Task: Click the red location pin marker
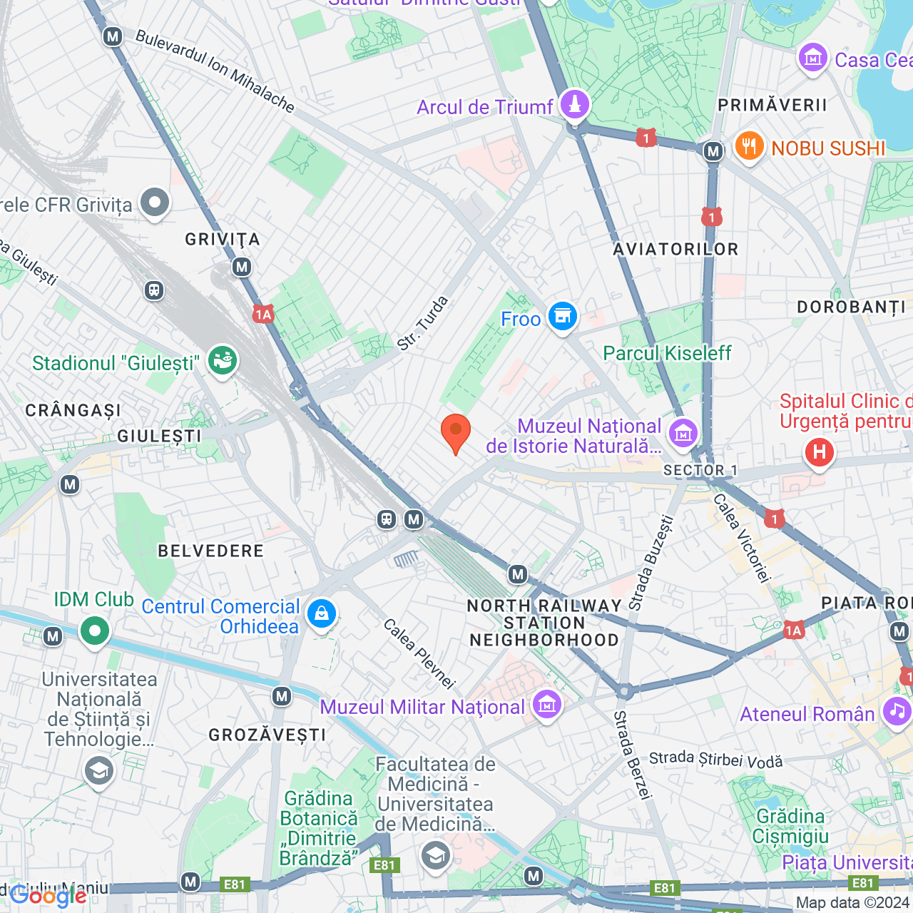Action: (x=455, y=432)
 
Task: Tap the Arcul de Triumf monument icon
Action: (x=574, y=104)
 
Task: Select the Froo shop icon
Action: (x=562, y=316)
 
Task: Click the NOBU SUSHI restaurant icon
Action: (x=748, y=146)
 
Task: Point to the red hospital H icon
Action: (x=819, y=452)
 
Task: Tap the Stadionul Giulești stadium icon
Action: (x=223, y=361)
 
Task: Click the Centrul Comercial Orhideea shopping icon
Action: (x=322, y=614)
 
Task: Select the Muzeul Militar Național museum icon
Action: (x=546, y=705)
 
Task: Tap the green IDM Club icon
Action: (x=94, y=631)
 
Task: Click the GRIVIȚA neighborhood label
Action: (x=223, y=240)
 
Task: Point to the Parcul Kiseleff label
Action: (x=667, y=353)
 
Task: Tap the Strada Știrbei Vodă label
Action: (x=715, y=760)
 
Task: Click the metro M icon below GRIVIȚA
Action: (x=242, y=267)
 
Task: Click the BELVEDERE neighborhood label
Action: (x=211, y=551)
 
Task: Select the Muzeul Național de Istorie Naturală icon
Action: (x=683, y=433)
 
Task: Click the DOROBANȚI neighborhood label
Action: (x=851, y=307)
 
